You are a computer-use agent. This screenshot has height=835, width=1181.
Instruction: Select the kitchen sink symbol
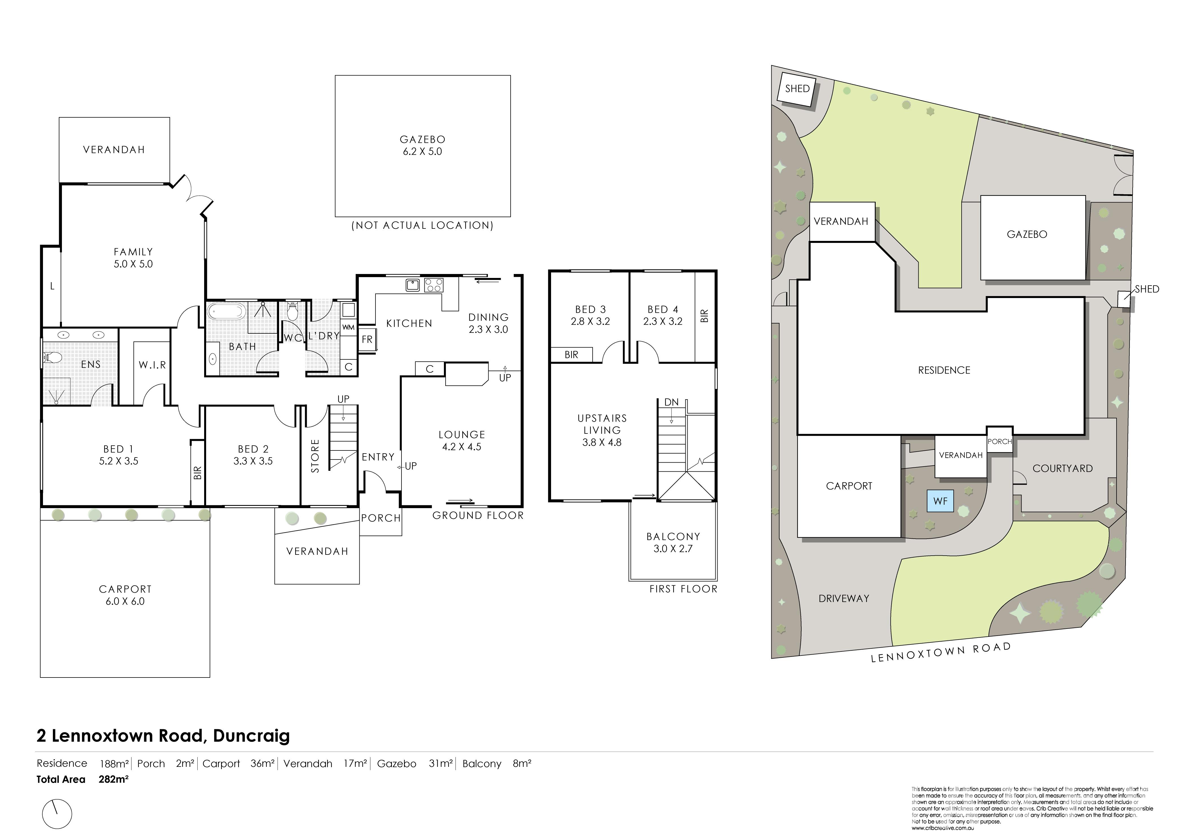[x=412, y=284]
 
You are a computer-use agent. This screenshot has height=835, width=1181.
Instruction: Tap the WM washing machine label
[x=348, y=327]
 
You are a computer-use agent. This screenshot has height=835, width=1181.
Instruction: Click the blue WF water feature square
[x=940, y=500]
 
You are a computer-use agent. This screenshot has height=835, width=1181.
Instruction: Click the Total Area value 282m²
[x=113, y=779]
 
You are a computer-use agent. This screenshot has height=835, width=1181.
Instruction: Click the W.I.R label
[x=152, y=365]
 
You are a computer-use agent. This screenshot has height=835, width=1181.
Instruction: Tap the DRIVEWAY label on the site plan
[x=844, y=598]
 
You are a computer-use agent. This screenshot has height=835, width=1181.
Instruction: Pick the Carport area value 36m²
[x=262, y=763]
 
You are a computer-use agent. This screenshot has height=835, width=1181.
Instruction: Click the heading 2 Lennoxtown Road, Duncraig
[x=163, y=736]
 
